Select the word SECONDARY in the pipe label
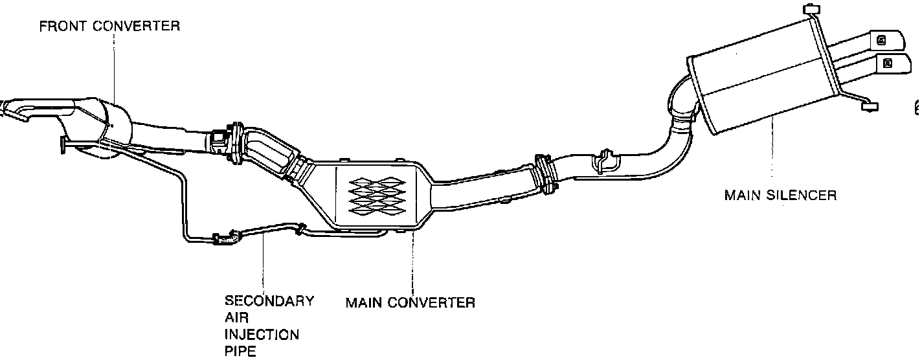coord(269,301)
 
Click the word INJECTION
coord(262,335)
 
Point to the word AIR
coord(236,318)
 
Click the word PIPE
coord(240,352)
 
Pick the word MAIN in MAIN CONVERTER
coord(365,302)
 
